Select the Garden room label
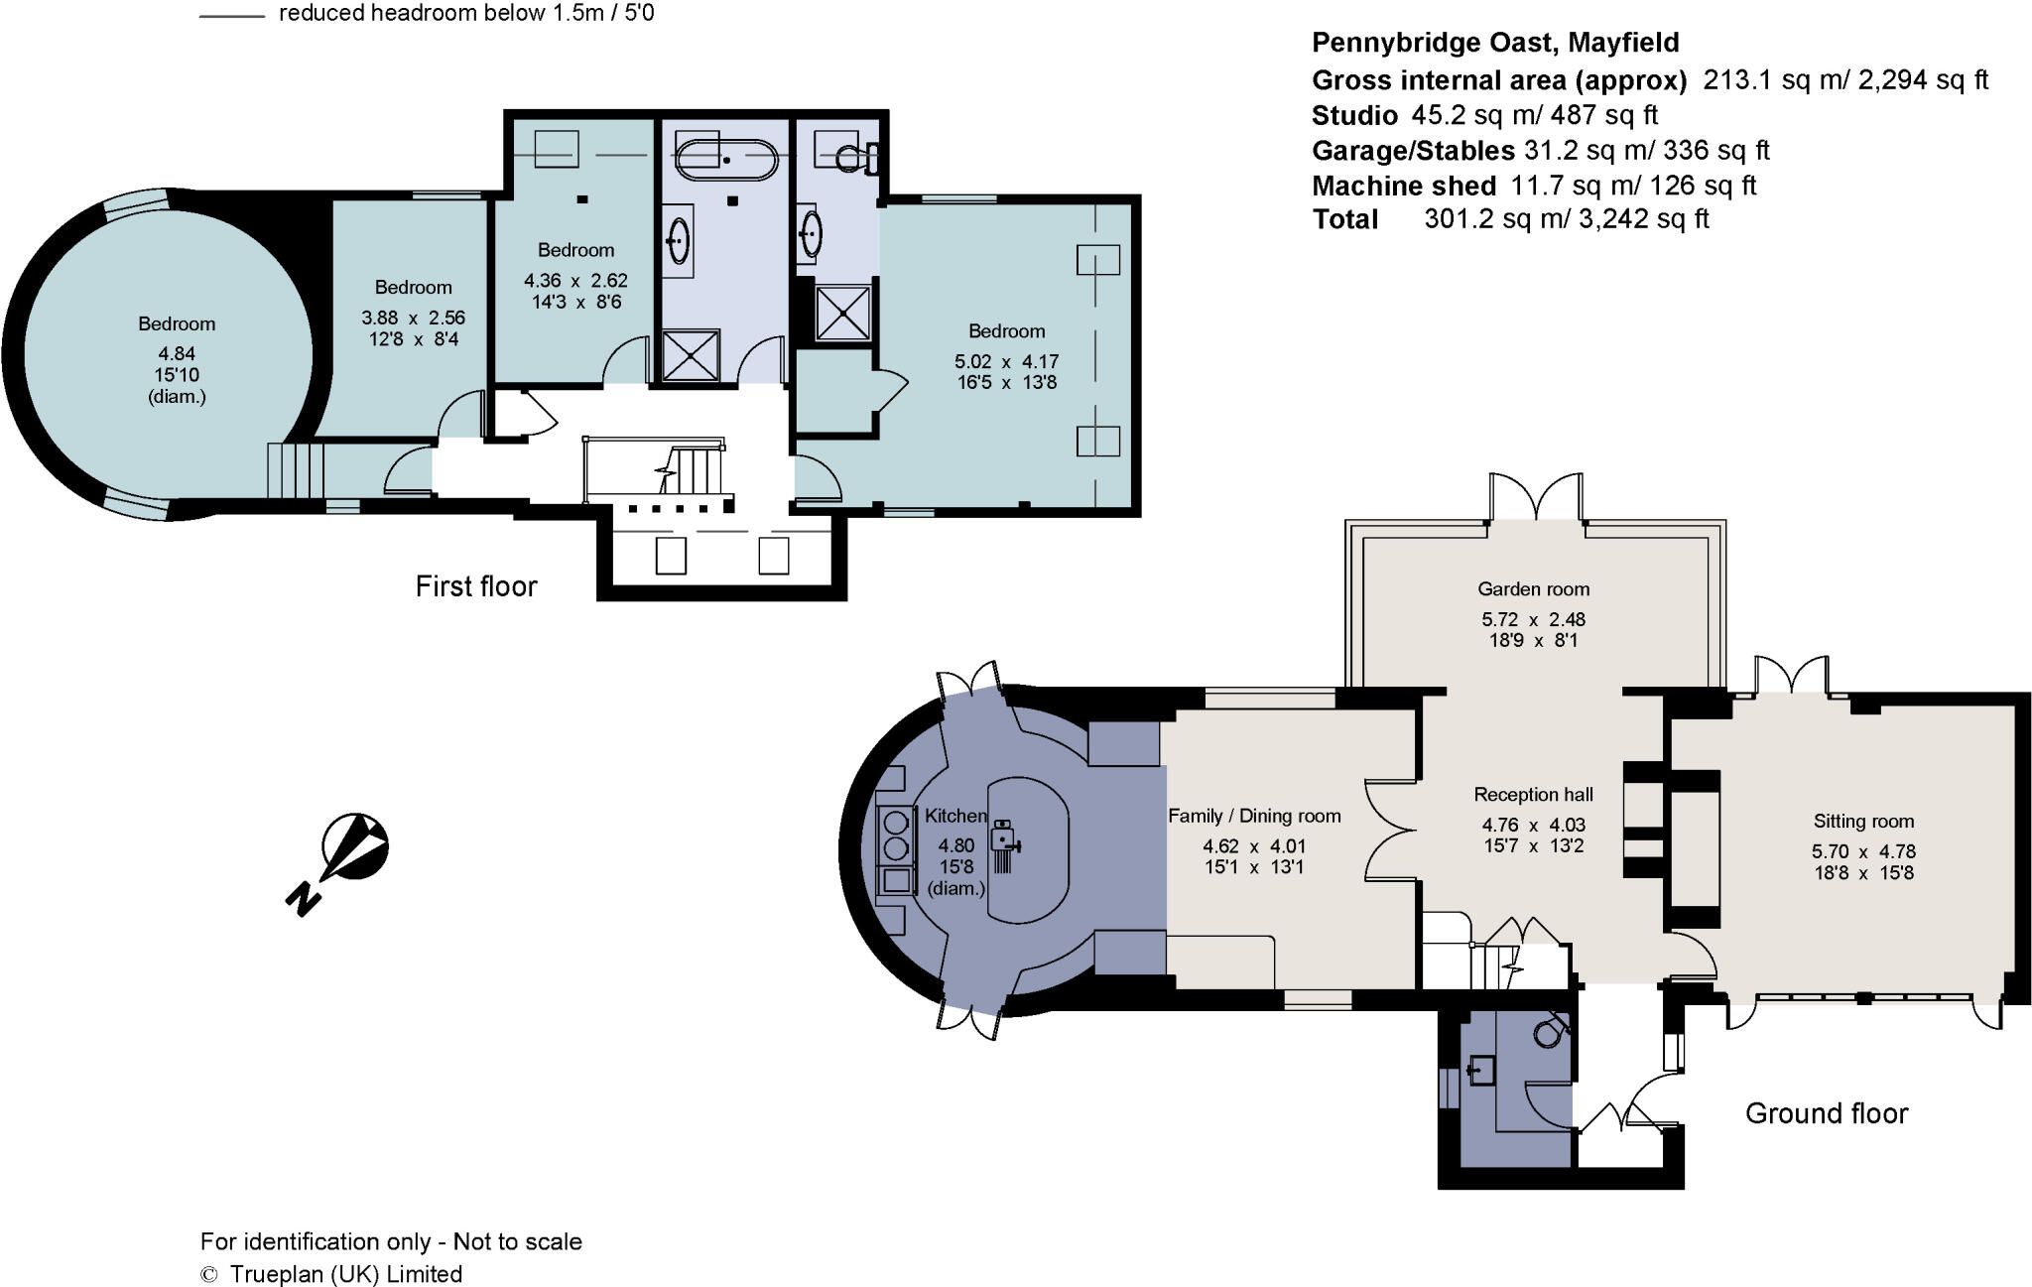[x=1533, y=588]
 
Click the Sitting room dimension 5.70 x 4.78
[x=1862, y=851]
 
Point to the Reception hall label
[x=1533, y=794]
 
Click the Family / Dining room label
[x=1254, y=816]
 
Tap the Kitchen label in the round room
[x=955, y=816]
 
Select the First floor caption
[x=475, y=586]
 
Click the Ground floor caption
[x=1826, y=1113]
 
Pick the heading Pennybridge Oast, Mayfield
[x=1495, y=43]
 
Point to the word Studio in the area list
[x=1353, y=115]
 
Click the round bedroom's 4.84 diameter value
[x=177, y=353]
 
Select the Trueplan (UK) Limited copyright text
[x=345, y=1274]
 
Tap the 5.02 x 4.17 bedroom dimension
[x=1006, y=361]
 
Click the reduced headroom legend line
[x=231, y=16]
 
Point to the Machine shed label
[x=1403, y=186]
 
